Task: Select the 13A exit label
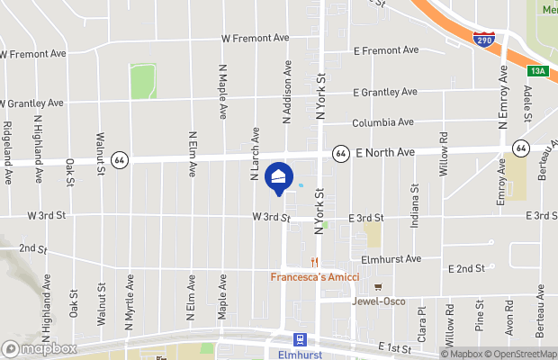(x=538, y=69)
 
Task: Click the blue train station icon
(x=300, y=339)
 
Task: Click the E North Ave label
(x=384, y=153)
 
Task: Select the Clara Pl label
(x=421, y=323)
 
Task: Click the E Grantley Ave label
(x=385, y=92)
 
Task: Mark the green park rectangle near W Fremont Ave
(x=142, y=82)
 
